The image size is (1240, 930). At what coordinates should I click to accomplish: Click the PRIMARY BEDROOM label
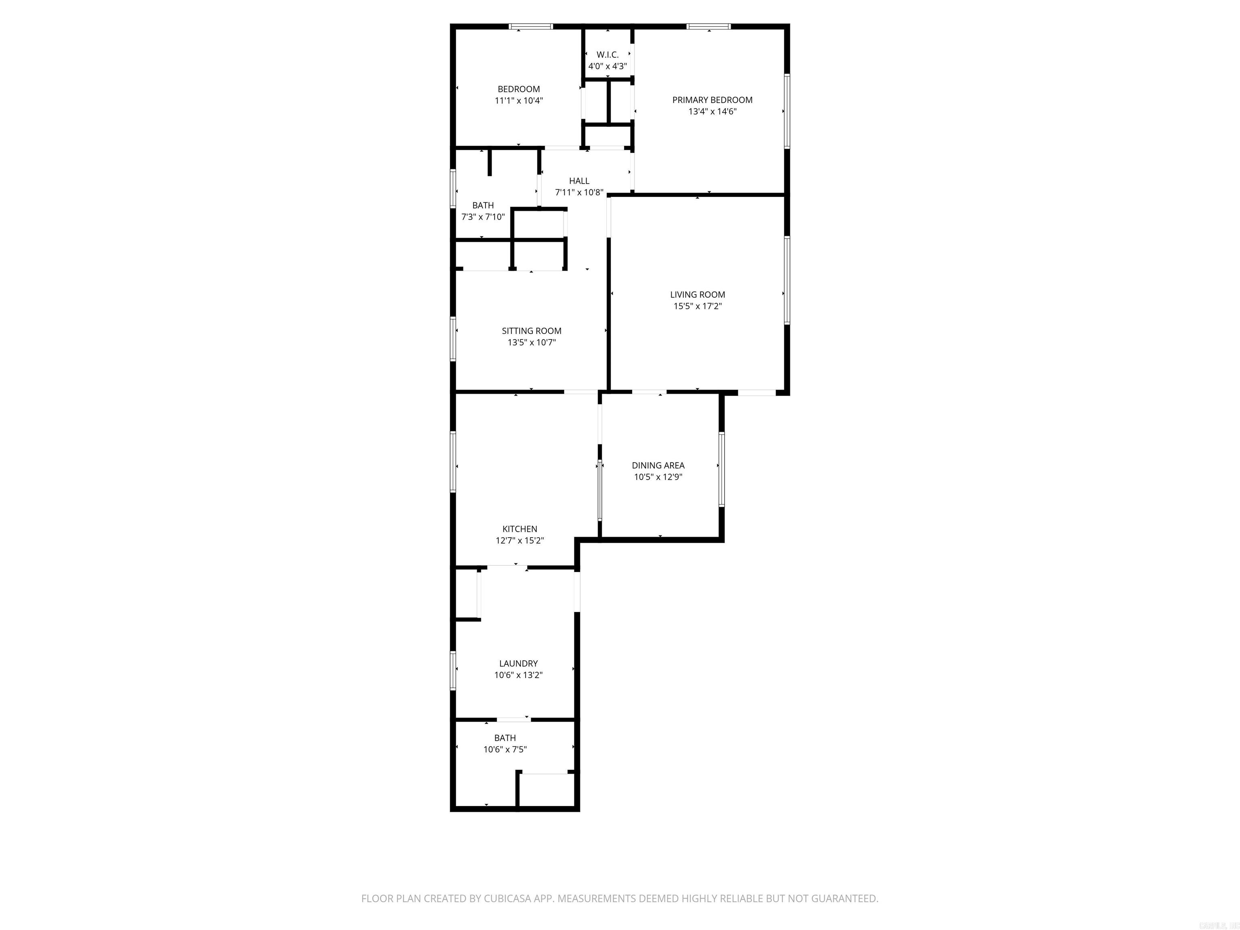[x=712, y=100]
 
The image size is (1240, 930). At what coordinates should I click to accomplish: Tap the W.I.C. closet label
[x=607, y=55]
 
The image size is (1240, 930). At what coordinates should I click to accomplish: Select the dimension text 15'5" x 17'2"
[x=697, y=306]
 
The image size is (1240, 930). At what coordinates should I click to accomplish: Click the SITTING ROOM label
[x=532, y=331]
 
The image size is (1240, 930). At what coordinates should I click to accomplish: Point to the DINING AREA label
[x=658, y=465]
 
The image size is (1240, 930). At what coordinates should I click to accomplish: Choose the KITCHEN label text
[x=519, y=529]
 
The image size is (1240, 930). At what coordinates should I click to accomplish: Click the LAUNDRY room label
[x=519, y=663]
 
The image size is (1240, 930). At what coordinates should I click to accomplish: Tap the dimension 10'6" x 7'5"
[x=505, y=750]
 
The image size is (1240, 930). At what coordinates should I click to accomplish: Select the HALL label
[x=579, y=180]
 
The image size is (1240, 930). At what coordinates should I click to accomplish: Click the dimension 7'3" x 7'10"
[x=483, y=217]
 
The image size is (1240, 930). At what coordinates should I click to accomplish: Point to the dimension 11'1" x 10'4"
[x=519, y=101]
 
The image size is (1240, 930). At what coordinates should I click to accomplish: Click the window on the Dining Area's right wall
[x=721, y=469]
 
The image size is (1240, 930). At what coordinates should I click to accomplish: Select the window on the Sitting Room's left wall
[x=453, y=339]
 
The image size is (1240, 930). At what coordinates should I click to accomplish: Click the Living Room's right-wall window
[x=786, y=280]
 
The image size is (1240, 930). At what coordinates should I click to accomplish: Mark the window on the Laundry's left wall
[x=453, y=670]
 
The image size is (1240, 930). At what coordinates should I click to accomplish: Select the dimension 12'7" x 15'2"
[x=519, y=540]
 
